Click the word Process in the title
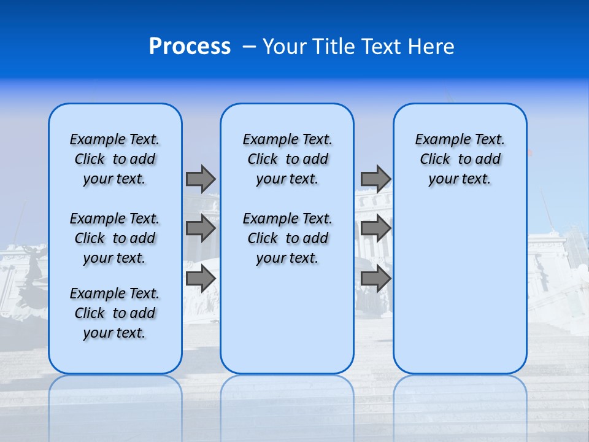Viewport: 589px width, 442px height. tap(190, 47)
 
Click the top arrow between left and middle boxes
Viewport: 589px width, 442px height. tap(201, 179)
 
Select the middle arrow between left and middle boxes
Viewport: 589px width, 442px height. tap(201, 228)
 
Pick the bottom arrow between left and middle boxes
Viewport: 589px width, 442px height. tap(201, 278)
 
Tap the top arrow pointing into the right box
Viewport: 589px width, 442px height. tap(375, 179)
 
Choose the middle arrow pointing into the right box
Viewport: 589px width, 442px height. tap(375, 228)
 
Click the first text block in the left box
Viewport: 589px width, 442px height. tap(115, 159)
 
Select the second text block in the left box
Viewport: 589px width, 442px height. tap(115, 238)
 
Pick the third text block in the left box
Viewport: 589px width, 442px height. tap(115, 313)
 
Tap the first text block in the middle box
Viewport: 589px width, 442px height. tap(287, 159)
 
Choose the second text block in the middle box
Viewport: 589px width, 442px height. tap(287, 238)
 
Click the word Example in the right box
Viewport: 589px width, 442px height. tap(439, 139)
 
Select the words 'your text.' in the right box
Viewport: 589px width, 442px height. tap(460, 179)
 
